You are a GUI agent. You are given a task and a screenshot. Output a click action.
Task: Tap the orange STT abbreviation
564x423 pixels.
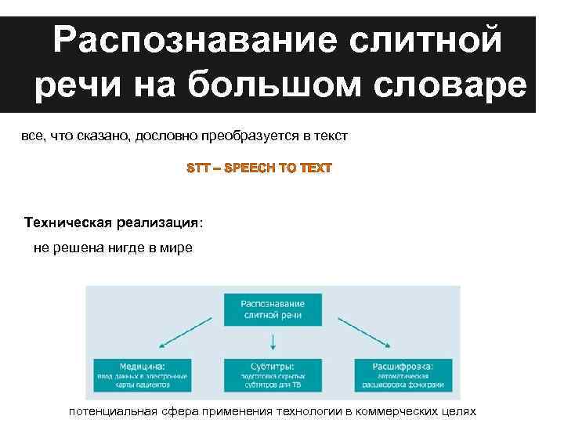coord(199,168)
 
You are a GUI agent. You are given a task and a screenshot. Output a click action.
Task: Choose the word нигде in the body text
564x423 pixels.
coord(119,248)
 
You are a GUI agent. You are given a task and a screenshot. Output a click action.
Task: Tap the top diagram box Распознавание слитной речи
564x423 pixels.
coord(272,310)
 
